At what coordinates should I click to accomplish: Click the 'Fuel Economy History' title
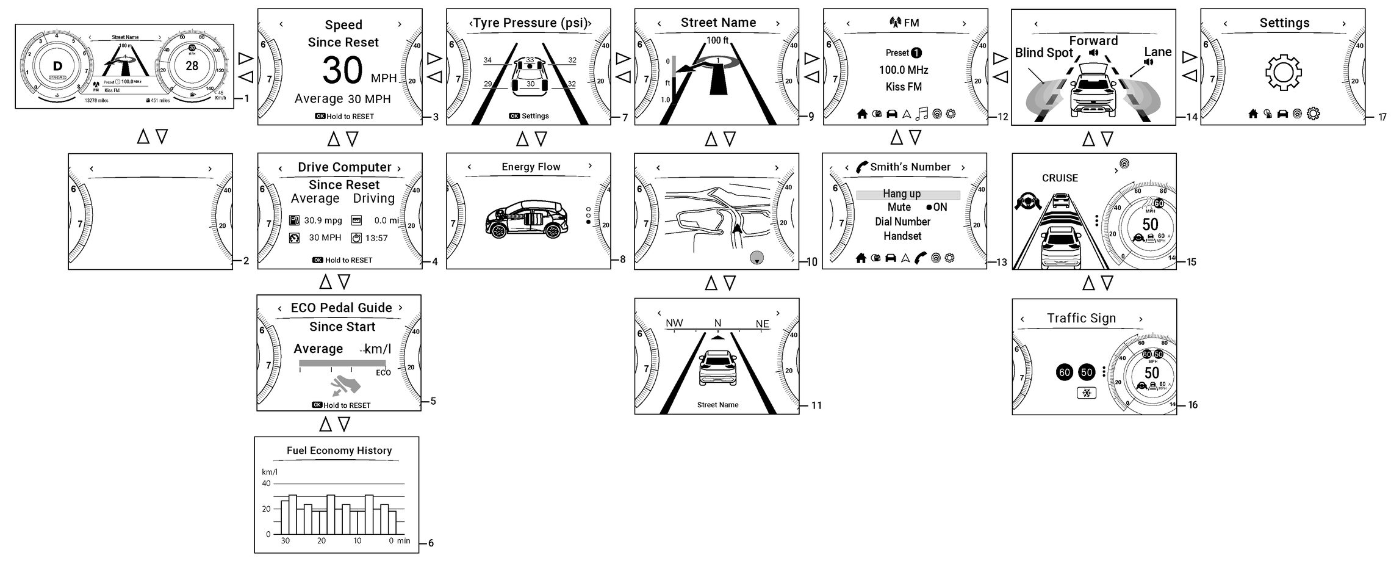(x=339, y=451)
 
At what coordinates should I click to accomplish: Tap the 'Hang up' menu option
(x=902, y=194)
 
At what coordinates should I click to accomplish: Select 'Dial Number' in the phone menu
(x=902, y=222)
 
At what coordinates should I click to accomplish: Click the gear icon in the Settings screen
(x=1284, y=73)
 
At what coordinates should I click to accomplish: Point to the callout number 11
(x=816, y=405)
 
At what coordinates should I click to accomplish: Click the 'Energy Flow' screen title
(x=531, y=167)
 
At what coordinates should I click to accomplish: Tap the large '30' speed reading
(x=343, y=71)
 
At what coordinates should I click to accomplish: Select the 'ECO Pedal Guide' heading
(x=341, y=308)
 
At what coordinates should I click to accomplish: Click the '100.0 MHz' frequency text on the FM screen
(x=904, y=70)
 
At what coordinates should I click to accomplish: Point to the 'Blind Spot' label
(x=1043, y=53)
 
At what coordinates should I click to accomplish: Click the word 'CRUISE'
(x=1060, y=178)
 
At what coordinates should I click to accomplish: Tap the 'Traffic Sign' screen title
(x=1081, y=318)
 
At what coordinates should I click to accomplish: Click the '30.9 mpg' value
(x=323, y=220)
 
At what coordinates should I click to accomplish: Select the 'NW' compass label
(x=674, y=323)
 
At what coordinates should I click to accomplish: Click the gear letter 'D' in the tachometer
(x=58, y=67)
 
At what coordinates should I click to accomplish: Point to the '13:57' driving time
(x=376, y=238)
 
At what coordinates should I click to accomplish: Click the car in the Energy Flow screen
(x=526, y=220)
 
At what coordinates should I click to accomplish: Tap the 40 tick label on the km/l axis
(x=266, y=484)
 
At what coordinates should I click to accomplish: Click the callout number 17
(x=1382, y=117)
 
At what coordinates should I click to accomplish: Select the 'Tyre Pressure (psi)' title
(x=530, y=23)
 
